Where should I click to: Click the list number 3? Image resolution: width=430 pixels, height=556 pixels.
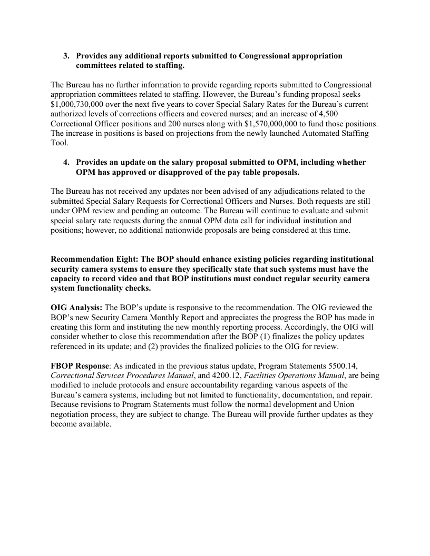pyautogui.click(x=66, y=56)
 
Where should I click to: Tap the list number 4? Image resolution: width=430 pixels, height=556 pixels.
pyautogui.click(x=66, y=163)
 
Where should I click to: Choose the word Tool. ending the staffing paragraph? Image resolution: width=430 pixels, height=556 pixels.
pyautogui.click(x=60, y=142)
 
